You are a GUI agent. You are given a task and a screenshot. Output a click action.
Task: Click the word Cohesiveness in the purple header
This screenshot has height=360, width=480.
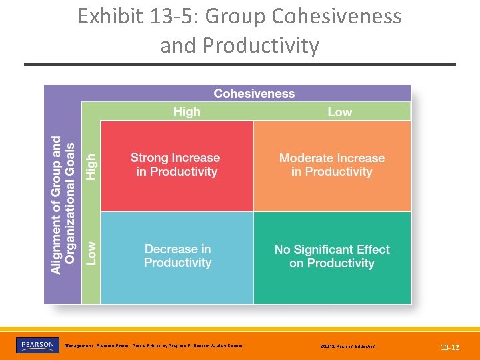[x=254, y=93]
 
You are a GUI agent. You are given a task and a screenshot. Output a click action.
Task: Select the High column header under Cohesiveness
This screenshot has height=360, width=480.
[x=187, y=111]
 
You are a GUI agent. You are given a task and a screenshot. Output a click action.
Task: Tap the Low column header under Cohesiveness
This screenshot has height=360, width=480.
[x=339, y=111]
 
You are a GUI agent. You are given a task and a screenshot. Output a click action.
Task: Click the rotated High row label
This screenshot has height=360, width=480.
[x=91, y=165]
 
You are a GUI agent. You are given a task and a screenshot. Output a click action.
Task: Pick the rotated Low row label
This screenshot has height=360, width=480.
[x=91, y=253]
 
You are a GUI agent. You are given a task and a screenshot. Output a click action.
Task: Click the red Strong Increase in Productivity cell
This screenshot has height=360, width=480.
[x=177, y=165]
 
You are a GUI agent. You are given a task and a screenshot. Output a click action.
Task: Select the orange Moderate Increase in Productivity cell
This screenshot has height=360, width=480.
[x=332, y=165]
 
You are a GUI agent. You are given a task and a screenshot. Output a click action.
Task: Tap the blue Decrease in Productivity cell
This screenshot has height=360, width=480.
[x=177, y=256]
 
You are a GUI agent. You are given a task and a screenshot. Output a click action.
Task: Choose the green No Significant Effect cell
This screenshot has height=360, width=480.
[x=332, y=256]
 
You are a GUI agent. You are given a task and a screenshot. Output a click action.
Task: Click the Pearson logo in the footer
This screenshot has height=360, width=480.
[x=37, y=345]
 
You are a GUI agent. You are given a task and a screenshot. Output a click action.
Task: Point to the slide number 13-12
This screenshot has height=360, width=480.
[x=450, y=347]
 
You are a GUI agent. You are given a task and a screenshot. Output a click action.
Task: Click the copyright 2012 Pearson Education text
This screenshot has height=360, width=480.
[x=347, y=347]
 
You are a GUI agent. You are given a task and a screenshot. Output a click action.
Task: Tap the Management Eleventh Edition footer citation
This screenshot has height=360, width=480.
[x=153, y=346]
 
